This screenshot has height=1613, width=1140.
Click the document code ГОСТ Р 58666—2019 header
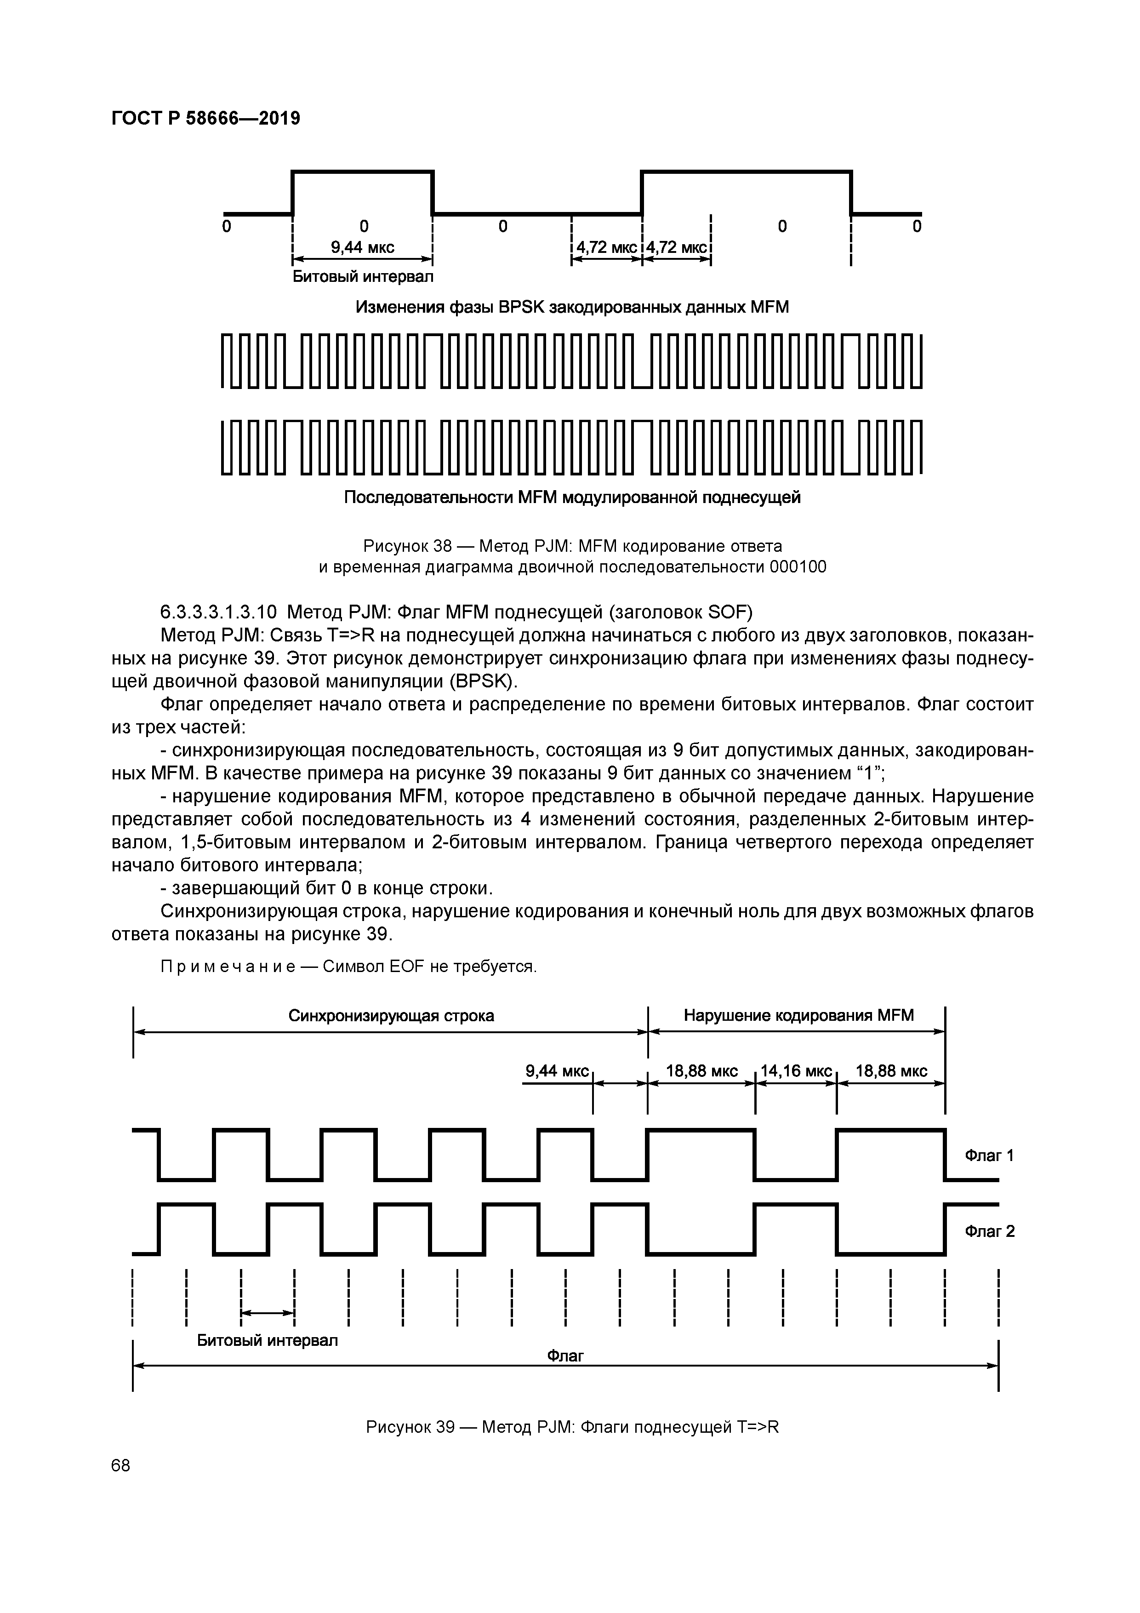click(x=206, y=119)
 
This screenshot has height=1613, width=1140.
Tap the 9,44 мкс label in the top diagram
click(x=362, y=247)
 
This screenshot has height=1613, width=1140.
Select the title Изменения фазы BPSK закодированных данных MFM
click(x=572, y=308)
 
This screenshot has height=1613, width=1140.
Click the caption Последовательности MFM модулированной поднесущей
click(x=572, y=498)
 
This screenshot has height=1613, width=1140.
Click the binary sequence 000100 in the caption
click(x=798, y=567)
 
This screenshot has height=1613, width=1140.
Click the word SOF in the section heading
click(x=728, y=612)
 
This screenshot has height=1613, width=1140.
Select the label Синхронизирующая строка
click(x=391, y=1016)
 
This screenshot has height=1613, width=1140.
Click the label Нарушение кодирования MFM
click(x=798, y=1015)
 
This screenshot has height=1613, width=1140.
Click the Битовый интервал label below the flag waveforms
click(x=267, y=1340)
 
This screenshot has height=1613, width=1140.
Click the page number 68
click(x=121, y=1465)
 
